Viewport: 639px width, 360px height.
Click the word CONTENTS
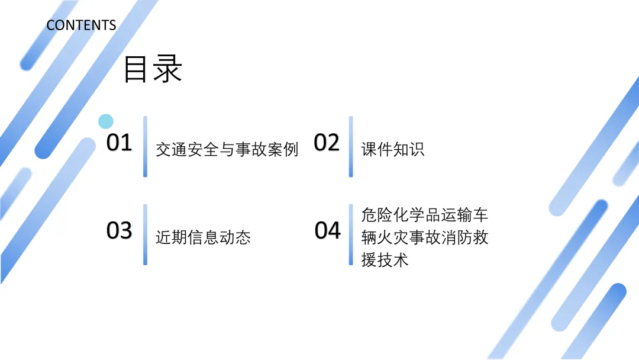[x=81, y=25]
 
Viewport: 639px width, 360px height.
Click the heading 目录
[x=152, y=69]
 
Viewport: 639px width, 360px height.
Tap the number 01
[x=119, y=143]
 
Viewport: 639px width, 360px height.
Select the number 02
[x=327, y=143]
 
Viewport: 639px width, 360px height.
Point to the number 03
[x=119, y=230]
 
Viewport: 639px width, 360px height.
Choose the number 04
[x=328, y=230]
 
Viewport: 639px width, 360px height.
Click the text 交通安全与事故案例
[x=227, y=149]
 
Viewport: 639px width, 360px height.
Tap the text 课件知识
[x=393, y=149]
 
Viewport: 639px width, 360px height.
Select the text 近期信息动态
[x=203, y=237]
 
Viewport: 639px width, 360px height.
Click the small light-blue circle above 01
[x=105, y=121]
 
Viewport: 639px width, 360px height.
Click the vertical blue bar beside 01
[x=145, y=146]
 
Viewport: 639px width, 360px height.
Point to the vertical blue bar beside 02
[x=351, y=146]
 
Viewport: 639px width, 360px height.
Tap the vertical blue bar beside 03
[x=145, y=234]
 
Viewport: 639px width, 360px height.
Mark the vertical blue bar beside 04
[x=351, y=234]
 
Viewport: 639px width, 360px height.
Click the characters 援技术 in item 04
[x=385, y=260]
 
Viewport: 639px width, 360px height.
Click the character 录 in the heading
[x=167, y=69]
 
